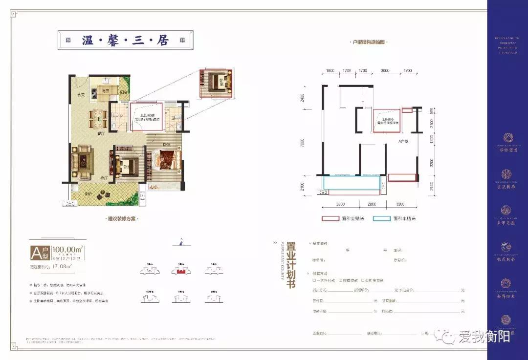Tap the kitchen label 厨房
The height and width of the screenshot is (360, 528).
(105, 91)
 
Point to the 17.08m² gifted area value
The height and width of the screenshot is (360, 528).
(62, 267)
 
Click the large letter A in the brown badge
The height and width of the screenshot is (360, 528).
(36, 253)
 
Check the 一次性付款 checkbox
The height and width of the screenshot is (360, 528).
(314, 280)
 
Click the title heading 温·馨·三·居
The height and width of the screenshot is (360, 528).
(126, 41)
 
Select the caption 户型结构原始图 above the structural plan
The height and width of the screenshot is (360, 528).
(370, 43)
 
